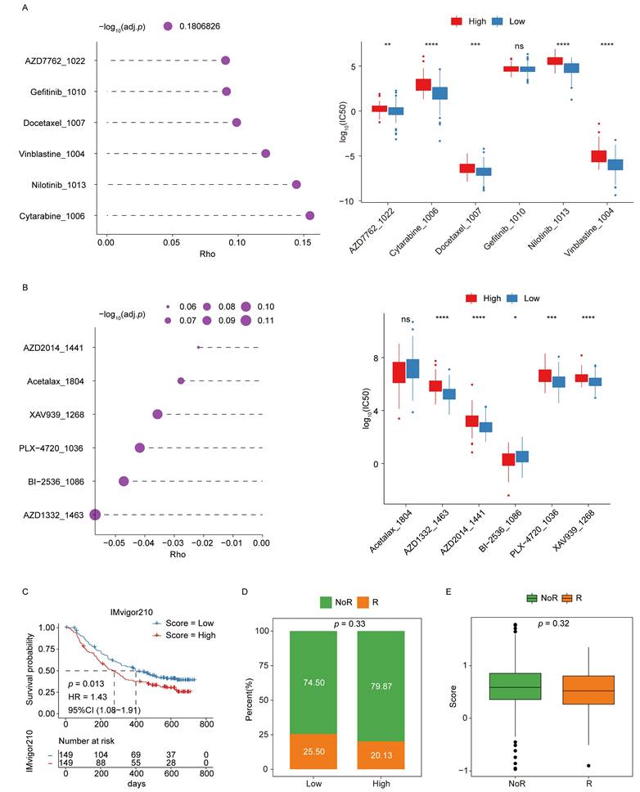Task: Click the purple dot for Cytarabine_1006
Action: [309, 215]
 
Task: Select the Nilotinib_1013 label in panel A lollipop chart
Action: [61, 185]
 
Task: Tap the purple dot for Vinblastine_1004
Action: [265, 154]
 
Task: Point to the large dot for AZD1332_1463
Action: [95, 515]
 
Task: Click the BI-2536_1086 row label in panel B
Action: [60, 481]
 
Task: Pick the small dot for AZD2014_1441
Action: [199, 348]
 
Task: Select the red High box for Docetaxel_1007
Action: [467, 168]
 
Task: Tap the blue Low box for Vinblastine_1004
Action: [615, 164]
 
